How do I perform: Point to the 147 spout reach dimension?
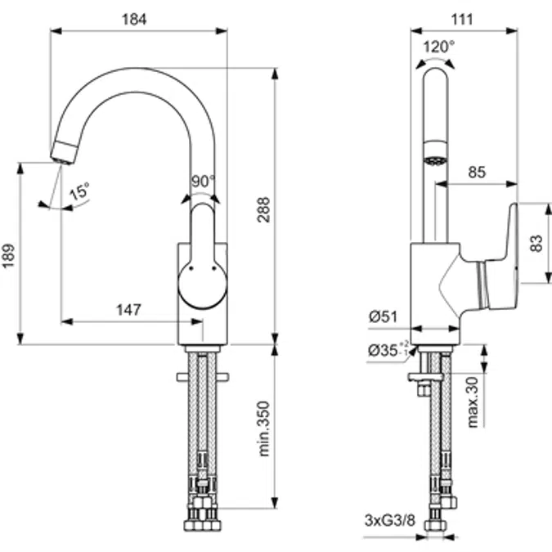129,309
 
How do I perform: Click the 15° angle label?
79,194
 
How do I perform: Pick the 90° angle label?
203,181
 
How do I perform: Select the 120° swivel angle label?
439,47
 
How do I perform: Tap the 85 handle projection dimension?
478,173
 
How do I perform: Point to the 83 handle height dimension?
535,243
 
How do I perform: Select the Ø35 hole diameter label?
386,350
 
